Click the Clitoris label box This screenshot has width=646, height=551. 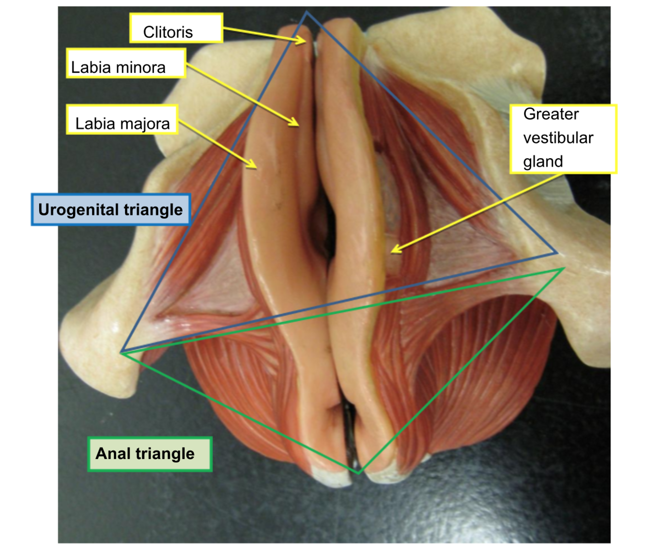(176, 28)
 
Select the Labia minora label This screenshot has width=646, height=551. (126, 63)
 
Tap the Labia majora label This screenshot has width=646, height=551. (122, 119)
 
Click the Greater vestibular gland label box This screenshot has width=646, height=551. (563, 139)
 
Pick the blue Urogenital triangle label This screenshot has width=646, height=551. (110, 210)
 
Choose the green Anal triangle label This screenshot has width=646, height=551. (150, 454)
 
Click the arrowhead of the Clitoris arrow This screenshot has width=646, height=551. (305, 41)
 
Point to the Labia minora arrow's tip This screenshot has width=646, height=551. (297, 125)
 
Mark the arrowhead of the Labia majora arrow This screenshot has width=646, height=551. (255, 167)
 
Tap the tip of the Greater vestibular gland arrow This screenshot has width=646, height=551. (392, 251)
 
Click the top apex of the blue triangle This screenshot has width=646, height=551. (307, 12)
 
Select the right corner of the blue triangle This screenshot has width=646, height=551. (557, 253)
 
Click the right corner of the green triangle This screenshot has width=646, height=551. (564, 268)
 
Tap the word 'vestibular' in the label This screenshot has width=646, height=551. (558, 138)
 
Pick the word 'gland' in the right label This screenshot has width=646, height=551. (543, 162)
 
